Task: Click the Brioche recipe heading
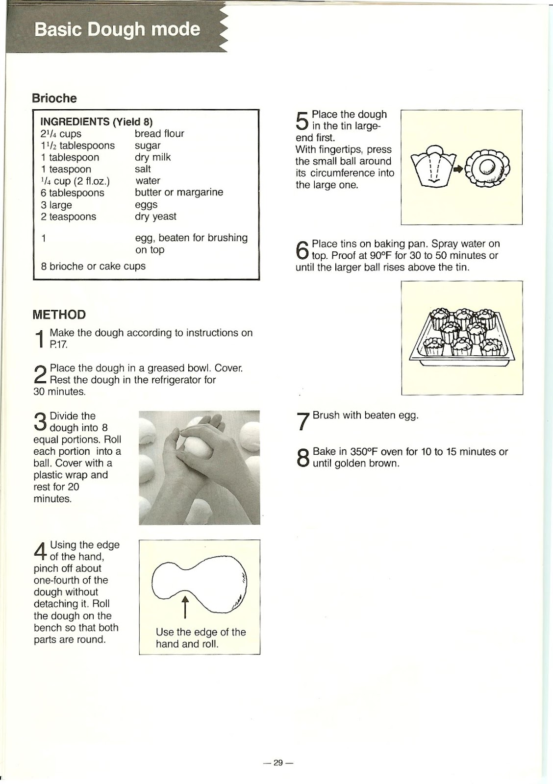click(x=54, y=98)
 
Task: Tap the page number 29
click(x=278, y=762)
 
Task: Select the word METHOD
click(x=59, y=315)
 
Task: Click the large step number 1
click(x=40, y=339)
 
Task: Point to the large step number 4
click(x=41, y=551)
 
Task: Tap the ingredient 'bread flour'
click(x=159, y=134)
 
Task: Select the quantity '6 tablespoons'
click(x=73, y=193)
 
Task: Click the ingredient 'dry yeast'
click(x=155, y=217)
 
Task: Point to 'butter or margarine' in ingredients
click(x=179, y=193)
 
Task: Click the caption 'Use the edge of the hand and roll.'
click(x=201, y=638)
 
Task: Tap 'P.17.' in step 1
click(x=58, y=344)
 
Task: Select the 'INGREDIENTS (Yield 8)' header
click(x=97, y=122)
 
